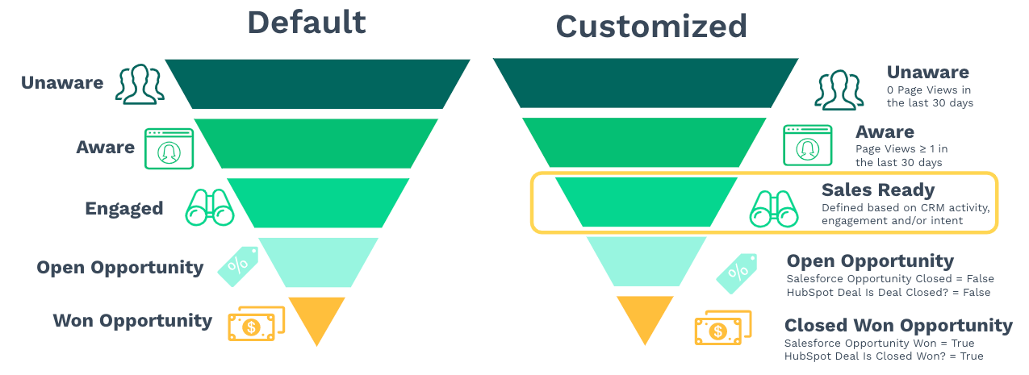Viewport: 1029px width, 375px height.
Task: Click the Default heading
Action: point(307,23)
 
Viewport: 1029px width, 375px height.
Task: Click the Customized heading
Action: point(651,27)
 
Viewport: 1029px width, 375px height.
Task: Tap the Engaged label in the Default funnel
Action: point(124,208)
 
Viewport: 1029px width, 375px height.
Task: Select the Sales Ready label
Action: point(878,190)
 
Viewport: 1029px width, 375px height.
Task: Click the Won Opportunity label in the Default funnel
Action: point(132,320)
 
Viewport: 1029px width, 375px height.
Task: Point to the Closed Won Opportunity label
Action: point(898,326)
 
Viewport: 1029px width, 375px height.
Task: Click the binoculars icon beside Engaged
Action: point(210,207)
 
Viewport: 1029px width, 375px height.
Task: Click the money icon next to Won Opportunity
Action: point(257,323)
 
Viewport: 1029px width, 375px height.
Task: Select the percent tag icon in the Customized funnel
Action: point(736,273)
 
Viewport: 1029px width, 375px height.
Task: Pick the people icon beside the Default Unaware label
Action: point(140,84)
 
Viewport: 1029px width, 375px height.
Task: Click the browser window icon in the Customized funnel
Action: point(808,145)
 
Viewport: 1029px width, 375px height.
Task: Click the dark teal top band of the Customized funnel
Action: point(646,83)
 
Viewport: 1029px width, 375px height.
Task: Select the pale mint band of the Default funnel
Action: point(318,263)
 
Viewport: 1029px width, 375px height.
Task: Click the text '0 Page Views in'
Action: point(928,90)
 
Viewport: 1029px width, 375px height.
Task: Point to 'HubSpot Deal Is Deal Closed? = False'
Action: point(888,293)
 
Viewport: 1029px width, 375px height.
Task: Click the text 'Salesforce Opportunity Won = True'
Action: point(879,344)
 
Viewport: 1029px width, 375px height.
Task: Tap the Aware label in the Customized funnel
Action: point(885,132)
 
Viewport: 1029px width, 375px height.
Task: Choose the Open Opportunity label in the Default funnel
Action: point(120,268)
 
